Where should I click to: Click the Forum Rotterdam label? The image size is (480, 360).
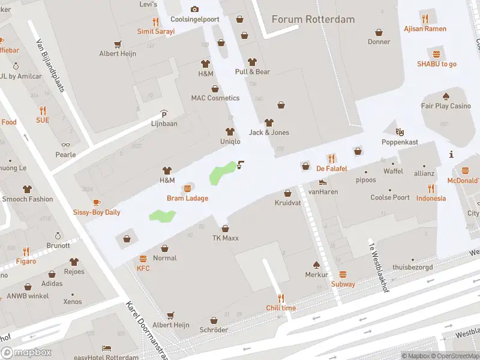coord(313,19)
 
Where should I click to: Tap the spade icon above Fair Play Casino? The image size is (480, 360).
coord(446,96)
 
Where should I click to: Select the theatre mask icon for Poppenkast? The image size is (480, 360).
coord(400,131)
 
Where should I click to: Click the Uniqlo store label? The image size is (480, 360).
coord(230,142)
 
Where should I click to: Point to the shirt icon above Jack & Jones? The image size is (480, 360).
coord(269,122)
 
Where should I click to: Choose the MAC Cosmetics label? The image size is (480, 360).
coord(215,98)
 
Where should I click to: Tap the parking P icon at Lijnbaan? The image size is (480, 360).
coord(164,114)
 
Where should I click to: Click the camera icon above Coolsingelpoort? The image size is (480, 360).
coord(194,9)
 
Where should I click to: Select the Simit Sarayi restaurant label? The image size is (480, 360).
coord(155,31)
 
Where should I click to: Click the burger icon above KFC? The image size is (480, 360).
coord(143,259)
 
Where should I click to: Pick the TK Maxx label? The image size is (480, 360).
coord(225,238)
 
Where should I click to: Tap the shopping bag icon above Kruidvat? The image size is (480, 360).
coord(287,193)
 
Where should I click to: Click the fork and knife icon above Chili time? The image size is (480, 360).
coord(281,298)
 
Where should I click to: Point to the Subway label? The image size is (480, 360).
coord(343,284)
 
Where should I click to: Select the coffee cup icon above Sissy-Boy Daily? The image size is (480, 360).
coord(97,202)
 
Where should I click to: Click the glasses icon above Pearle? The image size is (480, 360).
coord(65,145)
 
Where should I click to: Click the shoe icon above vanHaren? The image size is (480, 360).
coord(323,182)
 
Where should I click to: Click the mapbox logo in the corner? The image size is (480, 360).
coord(26,352)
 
